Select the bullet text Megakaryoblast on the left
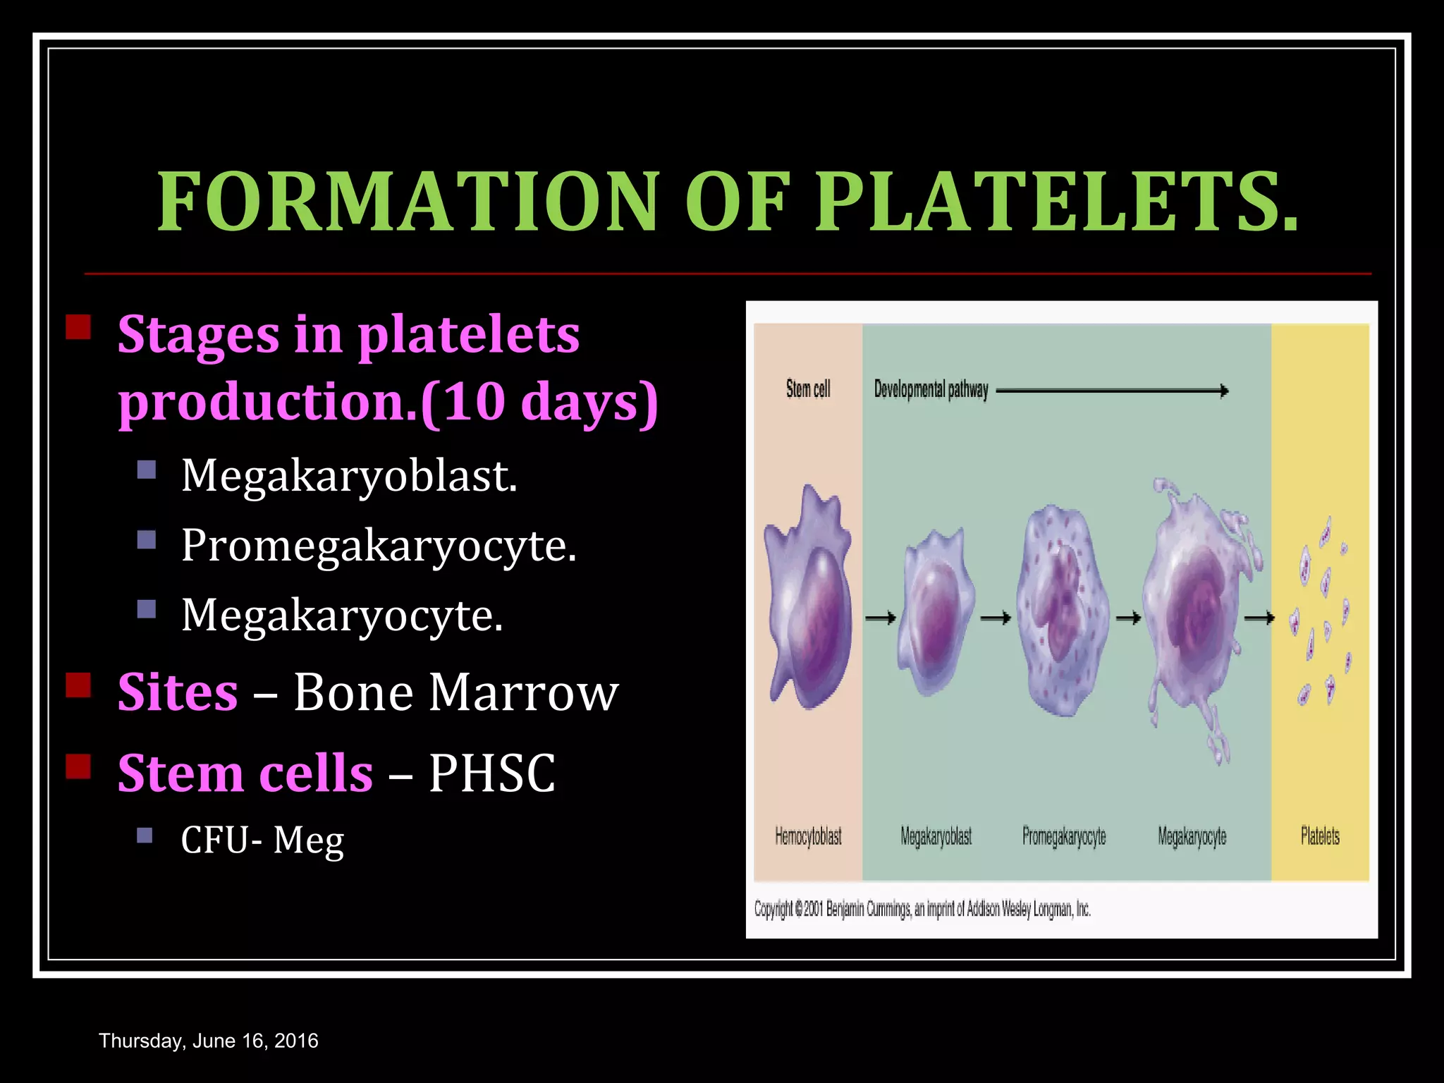(349, 476)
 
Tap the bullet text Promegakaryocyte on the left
(379, 546)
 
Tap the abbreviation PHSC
(491, 773)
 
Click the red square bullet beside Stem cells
(78, 766)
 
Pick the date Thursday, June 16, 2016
(209, 1041)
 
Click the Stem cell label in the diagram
(808, 389)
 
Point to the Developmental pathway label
(931, 389)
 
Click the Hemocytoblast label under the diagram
(808, 837)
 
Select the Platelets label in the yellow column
(1320, 837)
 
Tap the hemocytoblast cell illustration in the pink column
(809, 599)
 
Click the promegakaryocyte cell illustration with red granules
(1062, 610)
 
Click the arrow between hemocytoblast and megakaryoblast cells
(880, 618)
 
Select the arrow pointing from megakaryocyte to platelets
(1259, 618)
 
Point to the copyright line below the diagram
(922, 910)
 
